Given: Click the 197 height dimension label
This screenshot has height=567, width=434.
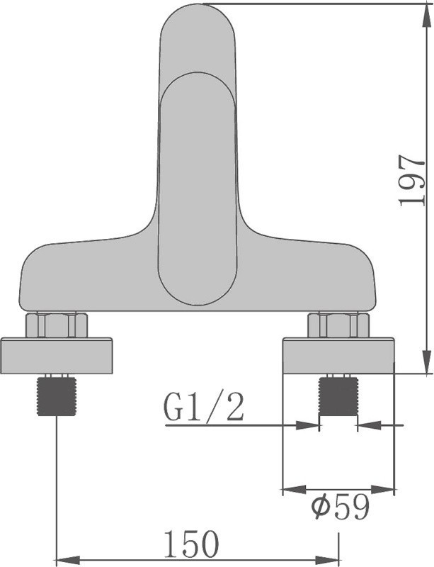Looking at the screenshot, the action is click(x=411, y=181).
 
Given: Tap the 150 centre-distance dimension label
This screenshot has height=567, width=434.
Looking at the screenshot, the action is click(x=191, y=544).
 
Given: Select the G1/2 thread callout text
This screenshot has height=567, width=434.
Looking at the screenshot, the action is click(x=204, y=407).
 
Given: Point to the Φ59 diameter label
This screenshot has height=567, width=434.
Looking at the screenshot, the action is click(x=340, y=507).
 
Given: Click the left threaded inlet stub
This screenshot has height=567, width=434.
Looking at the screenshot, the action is click(x=57, y=396).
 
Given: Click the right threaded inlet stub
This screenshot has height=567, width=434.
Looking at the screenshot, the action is click(x=338, y=396).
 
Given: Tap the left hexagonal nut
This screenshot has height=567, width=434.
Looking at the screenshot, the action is click(x=57, y=325).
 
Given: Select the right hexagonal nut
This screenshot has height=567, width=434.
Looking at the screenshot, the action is click(x=338, y=325).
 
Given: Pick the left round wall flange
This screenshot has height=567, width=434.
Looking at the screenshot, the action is click(x=57, y=356).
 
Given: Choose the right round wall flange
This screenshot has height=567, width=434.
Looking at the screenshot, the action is click(x=338, y=356).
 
